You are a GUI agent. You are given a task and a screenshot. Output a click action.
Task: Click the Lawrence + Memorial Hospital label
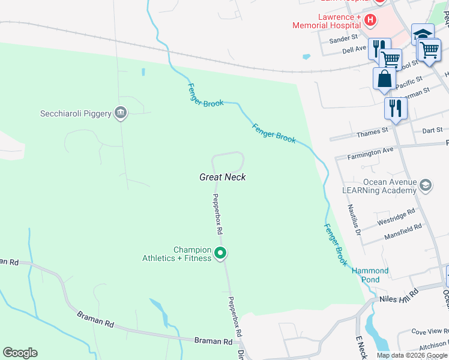point(327,21)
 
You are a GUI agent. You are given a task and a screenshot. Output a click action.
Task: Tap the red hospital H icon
point(370,20)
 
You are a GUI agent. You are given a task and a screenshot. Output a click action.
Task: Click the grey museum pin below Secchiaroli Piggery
point(121,112)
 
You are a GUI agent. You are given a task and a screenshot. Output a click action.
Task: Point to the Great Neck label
point(223,177)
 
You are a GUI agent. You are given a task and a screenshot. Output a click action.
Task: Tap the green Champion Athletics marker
point(220,254)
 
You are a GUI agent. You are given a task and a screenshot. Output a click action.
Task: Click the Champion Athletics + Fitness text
point(176,254)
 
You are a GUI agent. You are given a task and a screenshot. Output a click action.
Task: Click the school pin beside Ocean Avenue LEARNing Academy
point(426,185)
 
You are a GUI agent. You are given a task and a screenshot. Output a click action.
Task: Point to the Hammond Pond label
point(370,275)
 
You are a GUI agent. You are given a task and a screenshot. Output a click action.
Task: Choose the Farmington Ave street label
point(371,152)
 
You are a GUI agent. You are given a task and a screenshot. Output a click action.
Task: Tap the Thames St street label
point(372,131)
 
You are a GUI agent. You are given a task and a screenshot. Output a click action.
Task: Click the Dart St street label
point(432,130)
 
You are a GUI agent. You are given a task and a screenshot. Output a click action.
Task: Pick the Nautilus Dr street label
point(354,219)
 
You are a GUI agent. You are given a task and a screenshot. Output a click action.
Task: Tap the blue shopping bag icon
point(384,79)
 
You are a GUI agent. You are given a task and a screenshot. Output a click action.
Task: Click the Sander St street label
point(343,40)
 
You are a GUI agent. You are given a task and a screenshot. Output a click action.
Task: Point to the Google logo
point(20,353)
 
